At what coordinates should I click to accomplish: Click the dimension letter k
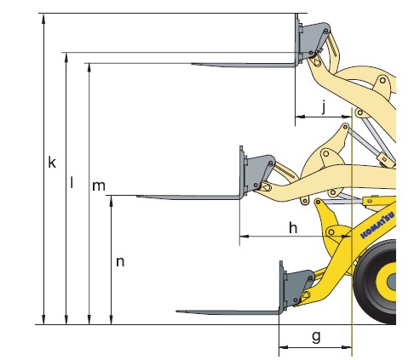[x=52, y=163]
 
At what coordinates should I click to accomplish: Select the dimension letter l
[x=72, y=182]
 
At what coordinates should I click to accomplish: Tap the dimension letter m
[x=99, y=186]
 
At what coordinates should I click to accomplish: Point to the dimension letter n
[x=120, y=262]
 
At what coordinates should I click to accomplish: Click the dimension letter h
[x=293, y=227]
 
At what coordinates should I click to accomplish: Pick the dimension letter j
[x=324, y=106]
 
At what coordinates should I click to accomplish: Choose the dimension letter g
[x=316, y=337]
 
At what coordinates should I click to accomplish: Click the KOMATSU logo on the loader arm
[x=377, y=226]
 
